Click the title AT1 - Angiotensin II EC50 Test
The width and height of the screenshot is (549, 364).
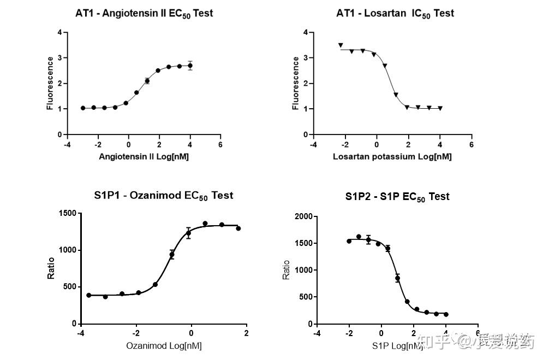(144, 13)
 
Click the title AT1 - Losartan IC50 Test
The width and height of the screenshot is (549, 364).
(395, 13)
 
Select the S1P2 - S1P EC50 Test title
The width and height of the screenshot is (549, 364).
(397, 196)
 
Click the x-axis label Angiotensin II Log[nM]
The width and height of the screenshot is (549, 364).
(144, 157)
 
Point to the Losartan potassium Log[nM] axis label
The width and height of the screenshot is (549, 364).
(392, 157)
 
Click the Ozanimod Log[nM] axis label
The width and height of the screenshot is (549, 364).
(160, 345)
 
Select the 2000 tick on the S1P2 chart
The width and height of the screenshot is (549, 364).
(303, 216)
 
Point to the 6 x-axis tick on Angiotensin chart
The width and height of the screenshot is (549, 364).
(220, 145)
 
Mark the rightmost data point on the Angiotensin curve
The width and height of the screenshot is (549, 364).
(190, 66)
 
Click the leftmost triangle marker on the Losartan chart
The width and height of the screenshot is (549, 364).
(341, 45)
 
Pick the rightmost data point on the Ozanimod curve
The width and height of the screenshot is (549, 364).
(238, 228)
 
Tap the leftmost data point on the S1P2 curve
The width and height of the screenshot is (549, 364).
(349, 241)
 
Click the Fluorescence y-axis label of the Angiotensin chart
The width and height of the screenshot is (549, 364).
(50, 83)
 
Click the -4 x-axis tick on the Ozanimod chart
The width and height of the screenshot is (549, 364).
(81, 333)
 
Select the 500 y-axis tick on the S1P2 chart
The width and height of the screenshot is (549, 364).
(305, 297)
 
